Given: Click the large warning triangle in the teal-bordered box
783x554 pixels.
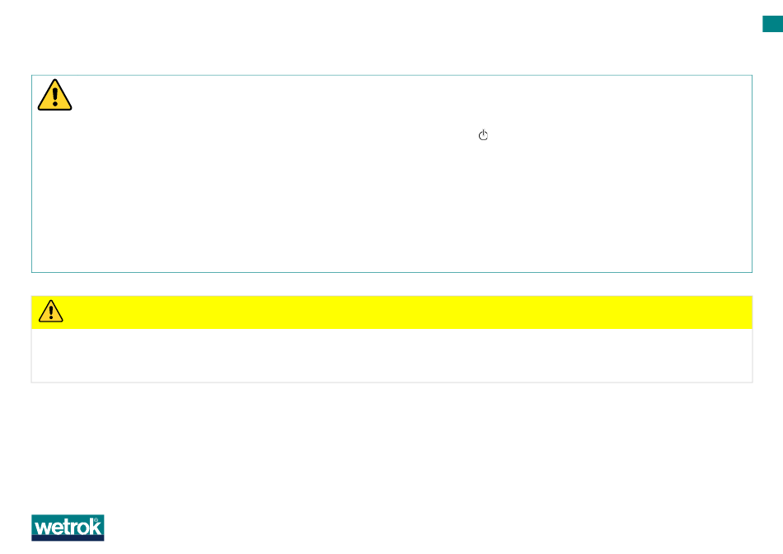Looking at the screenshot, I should [54, 96].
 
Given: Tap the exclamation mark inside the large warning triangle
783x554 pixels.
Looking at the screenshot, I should [54, 96].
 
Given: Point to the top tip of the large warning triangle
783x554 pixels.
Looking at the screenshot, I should [54, 81].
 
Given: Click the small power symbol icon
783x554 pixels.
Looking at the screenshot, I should [484, 135].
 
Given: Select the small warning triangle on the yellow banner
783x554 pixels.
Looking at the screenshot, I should [51, 311].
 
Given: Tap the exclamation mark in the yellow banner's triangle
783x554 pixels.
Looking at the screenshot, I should [51, 312].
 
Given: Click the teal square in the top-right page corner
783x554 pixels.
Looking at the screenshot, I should [772, 26].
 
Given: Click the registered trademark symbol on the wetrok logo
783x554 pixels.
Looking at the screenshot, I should [99, 520].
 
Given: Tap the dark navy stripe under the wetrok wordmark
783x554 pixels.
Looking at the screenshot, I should [68, 538].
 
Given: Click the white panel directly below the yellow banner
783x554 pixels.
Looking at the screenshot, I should [391, 355].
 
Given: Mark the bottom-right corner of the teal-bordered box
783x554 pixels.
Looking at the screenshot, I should [752, 271].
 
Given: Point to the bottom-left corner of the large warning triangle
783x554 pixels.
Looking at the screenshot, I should [39, 109].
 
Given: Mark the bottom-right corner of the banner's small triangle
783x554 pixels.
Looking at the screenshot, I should [63, 320].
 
